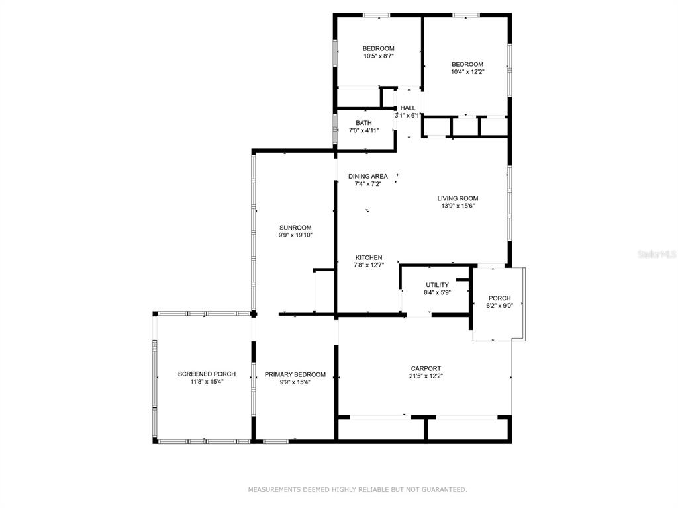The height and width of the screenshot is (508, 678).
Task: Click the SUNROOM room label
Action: pos(295,228)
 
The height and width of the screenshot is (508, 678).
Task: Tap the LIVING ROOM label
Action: pos(458,198)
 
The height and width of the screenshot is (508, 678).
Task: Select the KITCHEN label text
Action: pos(369,257)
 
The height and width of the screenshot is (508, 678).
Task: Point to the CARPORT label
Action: pos(426,368)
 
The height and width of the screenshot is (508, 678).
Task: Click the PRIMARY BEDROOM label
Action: pos(295,374)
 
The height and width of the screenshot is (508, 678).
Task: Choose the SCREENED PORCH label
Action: pos(207,374)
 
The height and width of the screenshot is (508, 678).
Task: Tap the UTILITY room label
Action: pos(437,285)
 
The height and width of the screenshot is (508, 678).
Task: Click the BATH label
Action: pos(363,123)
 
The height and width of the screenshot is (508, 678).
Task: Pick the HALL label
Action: pos(408,108)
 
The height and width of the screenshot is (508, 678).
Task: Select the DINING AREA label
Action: pos(368,176)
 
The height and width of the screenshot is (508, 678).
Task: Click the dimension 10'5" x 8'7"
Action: pos(378,56)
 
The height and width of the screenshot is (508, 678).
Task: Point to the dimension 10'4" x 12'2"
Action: pos(467,71)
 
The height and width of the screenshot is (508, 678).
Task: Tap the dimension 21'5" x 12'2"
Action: pos(426,376)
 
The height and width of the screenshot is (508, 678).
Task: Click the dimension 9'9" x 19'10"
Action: pos(295,235)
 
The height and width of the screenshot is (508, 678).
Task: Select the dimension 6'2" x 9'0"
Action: pos(499,306)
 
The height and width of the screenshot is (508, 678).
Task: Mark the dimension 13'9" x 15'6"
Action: pos(458,206)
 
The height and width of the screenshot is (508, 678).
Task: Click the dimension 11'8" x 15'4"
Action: pos(207,382)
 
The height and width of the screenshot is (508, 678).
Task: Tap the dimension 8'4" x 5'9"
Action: pos(437,292)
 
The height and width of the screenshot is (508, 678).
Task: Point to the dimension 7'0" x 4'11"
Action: pos(363,130)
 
